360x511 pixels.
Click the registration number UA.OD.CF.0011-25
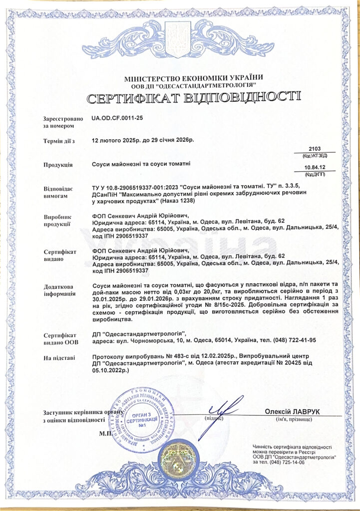point(118,119)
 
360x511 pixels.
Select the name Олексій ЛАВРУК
point(292,411)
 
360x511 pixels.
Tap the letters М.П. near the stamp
point(106,434)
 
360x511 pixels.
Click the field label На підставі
point(59,358)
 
